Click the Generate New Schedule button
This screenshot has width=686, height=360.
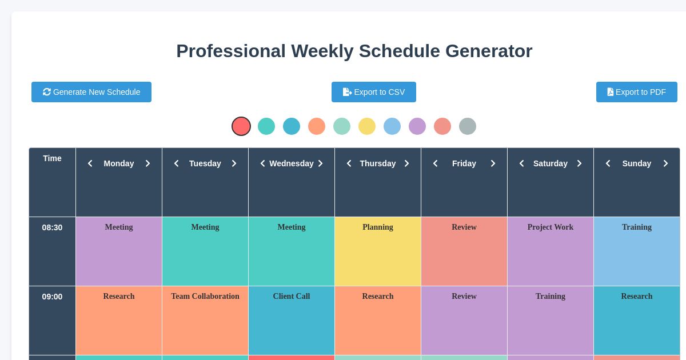coord(91,92)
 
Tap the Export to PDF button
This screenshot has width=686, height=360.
coord(636,92)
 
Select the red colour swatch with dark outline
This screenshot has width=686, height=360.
coord(241,126)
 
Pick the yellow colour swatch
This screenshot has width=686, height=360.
coord(367,126)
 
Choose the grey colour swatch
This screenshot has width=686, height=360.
coord(468,126)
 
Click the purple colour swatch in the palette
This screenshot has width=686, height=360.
coord(417,126)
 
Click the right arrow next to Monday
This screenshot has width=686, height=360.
coord(147,163)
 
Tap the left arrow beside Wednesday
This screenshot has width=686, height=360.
coord(262,163)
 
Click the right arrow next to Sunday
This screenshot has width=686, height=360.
coord(665,163)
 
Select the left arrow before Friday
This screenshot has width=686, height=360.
coord(435,163)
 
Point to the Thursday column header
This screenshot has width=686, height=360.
coord(377,163)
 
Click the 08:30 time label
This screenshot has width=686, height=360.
coord(52,227)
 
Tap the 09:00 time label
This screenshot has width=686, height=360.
coord(52,297)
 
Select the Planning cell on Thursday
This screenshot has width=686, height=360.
coord(378,251)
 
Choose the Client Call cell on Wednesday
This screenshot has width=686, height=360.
coord(292,320)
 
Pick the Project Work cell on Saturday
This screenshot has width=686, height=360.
coord(551,251)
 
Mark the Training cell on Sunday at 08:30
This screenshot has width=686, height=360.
coord(637,251)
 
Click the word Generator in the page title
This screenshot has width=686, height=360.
coord(489,51)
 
